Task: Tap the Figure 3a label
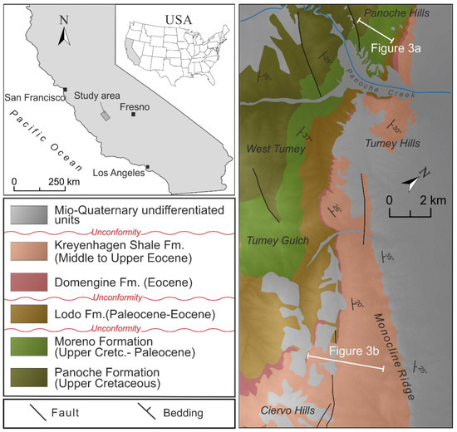[396, 49]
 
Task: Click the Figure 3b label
[349, 351]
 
